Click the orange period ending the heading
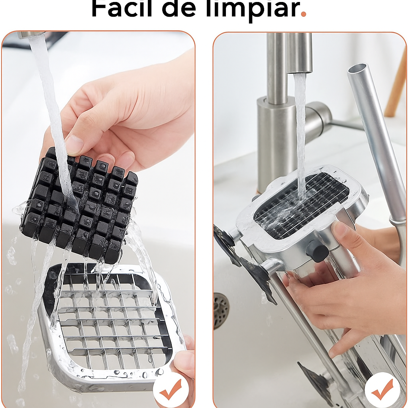(303, 14)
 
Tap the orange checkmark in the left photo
(171, 390)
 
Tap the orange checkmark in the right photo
(382, 390)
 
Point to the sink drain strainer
(221, 311)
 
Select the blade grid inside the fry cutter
(302, 205)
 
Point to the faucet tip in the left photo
(31, 35)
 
